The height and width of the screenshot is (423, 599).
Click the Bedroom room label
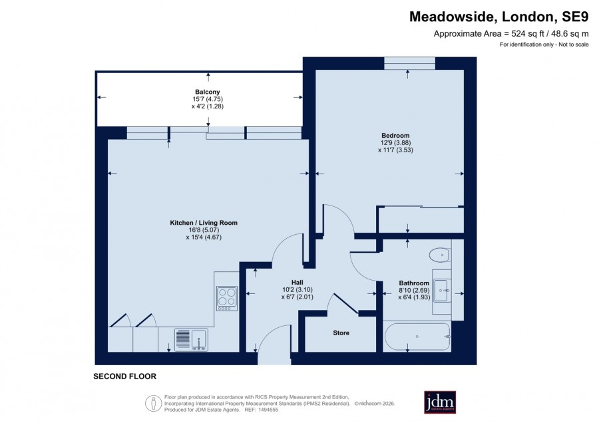point(395,136)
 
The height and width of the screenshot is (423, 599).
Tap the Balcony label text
point(208,92)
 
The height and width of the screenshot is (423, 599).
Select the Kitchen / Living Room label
point(204,223)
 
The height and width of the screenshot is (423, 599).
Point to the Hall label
point(298,283)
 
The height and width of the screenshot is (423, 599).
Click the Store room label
point(341,333)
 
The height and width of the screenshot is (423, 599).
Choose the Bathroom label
point(414,283)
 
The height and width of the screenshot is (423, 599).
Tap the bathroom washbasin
point(442,291)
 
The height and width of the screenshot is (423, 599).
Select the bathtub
point(417,337)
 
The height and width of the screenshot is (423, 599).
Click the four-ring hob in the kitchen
point(227,298)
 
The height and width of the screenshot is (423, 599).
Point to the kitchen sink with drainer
point(192,340)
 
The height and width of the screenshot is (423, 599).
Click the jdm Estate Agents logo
point(440,402)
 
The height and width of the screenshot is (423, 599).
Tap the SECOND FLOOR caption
point(125,376)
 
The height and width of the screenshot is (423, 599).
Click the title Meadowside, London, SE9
point(499,17)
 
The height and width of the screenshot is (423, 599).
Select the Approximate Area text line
point(511,34)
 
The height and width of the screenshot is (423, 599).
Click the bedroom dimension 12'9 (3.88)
point(395,143)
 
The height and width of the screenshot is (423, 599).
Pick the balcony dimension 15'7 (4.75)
point(208,99)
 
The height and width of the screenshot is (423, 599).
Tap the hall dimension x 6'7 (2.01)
point(298,297)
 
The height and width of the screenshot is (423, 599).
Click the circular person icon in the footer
point(154,404)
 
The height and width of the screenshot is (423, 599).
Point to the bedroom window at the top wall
point(409,63)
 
